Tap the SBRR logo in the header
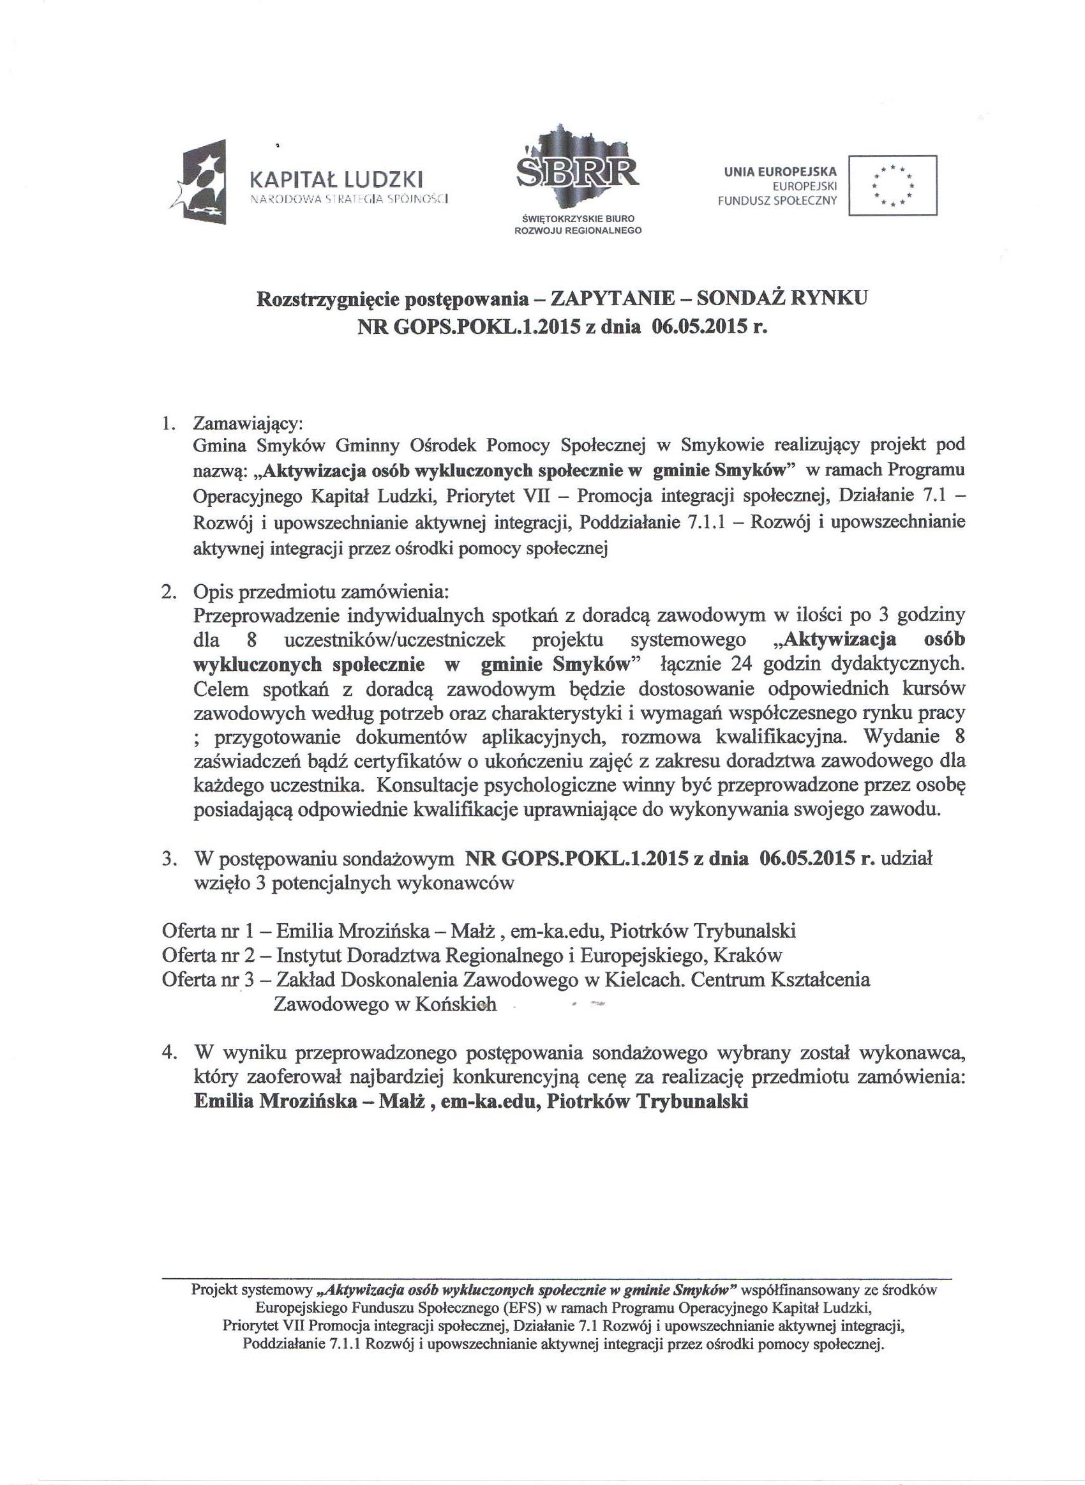[578, 170]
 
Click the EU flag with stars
[892, 185]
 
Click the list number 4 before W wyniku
[167, 1053]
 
